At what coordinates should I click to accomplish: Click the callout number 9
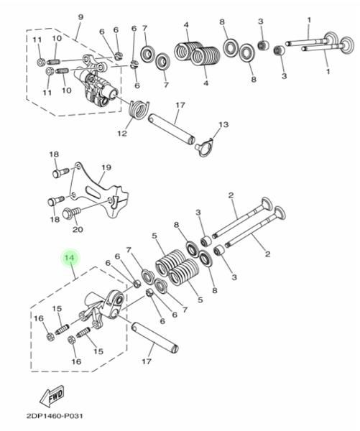(x=80, y=17)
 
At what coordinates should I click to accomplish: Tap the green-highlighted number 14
(x=70, y=258)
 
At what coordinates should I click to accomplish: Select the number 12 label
(x=122, y=134)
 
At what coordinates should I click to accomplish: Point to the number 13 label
(x=223, y=124)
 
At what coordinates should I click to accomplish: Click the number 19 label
(x=106, y=167)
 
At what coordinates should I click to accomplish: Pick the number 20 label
(x=78, y=229)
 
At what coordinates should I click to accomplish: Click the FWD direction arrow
(x=52, y=397)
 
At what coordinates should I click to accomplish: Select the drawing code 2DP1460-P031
(x=55, y=416)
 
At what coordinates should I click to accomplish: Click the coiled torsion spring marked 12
(x=139, y=109)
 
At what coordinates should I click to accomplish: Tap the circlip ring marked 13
(x=204, y=147)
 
